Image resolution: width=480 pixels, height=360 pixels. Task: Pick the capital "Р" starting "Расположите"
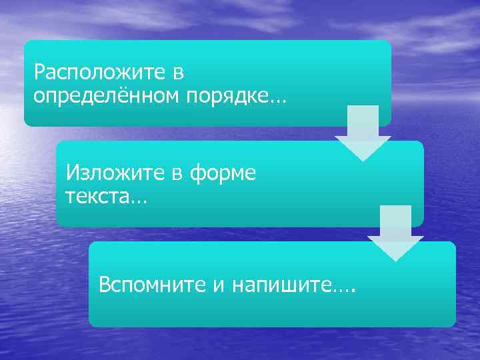click(39, 71)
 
